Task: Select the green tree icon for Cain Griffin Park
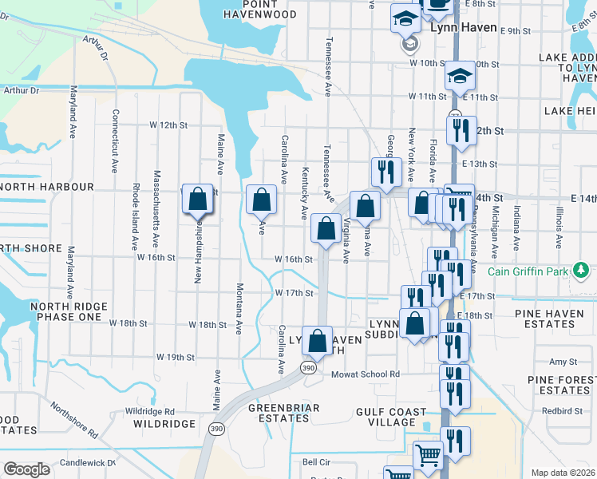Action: [583, 271]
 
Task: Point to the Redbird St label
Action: [562, 411]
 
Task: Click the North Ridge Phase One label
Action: [66, 311]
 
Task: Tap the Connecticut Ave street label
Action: [115, 141]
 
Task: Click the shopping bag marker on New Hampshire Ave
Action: [197, 199]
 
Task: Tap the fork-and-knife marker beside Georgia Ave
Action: [385, 171]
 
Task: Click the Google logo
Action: [26, 469]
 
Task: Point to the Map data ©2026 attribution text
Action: [563, 473]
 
